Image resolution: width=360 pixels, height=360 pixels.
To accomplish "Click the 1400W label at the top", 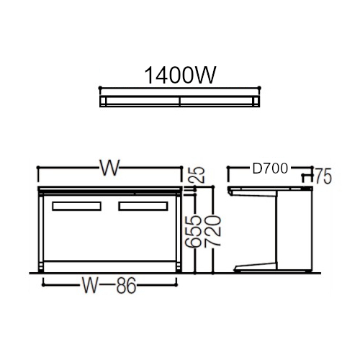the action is [x=180, y=76].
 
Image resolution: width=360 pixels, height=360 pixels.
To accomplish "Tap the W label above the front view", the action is [x=109, y=168].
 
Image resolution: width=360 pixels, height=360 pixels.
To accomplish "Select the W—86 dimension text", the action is [x=109, y=285].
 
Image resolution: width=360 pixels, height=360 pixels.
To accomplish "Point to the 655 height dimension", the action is [x=193, y=231].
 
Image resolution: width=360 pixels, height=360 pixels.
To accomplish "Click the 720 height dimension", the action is [x=212, y=231].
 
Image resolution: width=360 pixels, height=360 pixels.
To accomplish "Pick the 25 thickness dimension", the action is [x=198, y=175].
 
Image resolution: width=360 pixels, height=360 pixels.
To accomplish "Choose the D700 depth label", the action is [x=270, y=168].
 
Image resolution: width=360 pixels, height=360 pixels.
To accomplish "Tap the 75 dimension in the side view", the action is [x=323, y=176].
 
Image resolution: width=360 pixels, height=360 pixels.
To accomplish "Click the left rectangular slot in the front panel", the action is [x=76, y=206].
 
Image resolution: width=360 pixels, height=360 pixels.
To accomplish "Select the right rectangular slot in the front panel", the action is [x=143, y=206].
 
